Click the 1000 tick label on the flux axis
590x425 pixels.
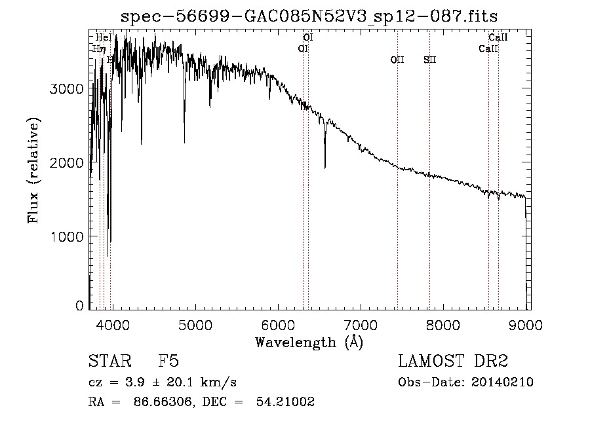tap(68, 236)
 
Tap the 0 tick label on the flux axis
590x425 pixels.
tap(79, 305)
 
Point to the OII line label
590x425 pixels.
tap(397, 60)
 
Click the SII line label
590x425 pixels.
tap(429, 60)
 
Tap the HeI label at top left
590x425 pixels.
tap(104, 37)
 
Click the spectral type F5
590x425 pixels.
tap(168, 361)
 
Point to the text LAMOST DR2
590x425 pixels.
tap(453, 361)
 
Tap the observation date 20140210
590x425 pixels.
tap(505, 382)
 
